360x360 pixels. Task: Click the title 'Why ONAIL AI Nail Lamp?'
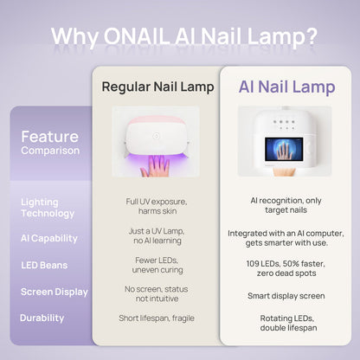click(x=183, y=36)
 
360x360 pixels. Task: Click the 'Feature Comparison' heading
click(x=50, y=143)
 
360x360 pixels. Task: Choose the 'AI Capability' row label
click(x=48, y=238)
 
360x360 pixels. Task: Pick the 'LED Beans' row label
click(x=44, y=265)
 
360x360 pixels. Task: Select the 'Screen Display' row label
click(x=54, y=292)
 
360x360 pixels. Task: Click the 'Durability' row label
click(x=42, y=318)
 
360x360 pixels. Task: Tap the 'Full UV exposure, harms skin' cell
click(x=156, y=207)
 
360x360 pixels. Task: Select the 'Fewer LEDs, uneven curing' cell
click(x=156, y=265)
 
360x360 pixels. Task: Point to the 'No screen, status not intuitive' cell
click(x=156, y=293)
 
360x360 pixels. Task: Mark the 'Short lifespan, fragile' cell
click(x=156, y=318)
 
